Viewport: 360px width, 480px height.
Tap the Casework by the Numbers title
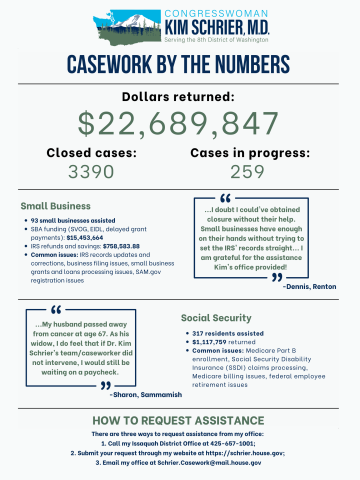pos(180,67)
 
